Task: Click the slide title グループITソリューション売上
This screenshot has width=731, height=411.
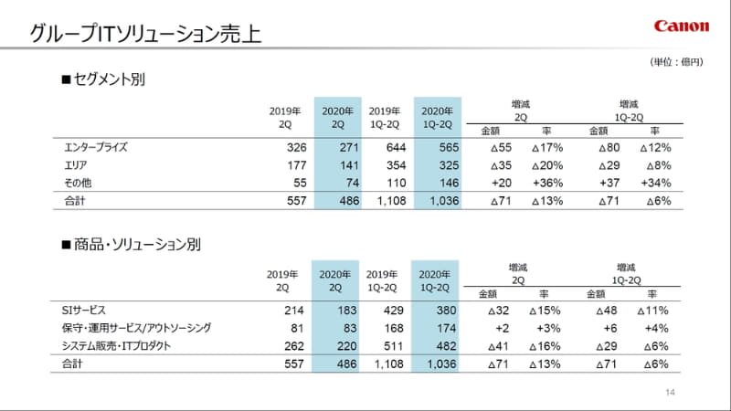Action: pyautogui.click(x=145, y=35)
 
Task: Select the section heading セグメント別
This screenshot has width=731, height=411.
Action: pyautogui.click(x=102, y=79)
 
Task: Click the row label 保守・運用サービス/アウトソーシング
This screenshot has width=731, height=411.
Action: pyautogui.click(x=137, y=329)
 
